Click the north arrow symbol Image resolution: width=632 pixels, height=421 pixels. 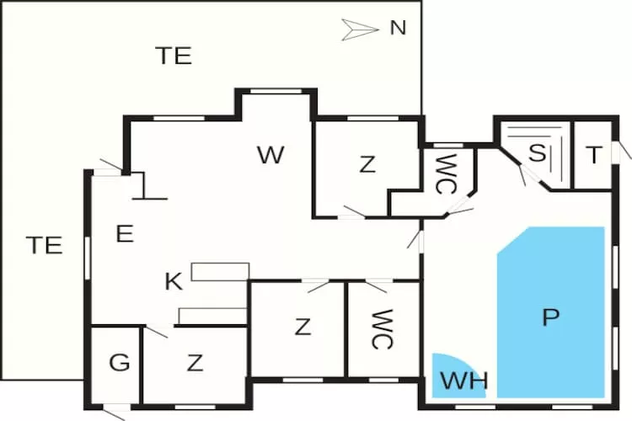coord(361,29)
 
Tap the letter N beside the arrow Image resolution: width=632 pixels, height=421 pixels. coord(398,28)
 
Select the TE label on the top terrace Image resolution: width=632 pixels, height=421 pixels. coord(174,56)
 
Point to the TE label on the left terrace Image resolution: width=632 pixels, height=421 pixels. coord(43,245)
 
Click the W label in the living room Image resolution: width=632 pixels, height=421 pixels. coord(270,155)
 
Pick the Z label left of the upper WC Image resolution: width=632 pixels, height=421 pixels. coord(367,165)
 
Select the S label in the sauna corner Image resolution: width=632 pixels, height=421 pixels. coord(536,154)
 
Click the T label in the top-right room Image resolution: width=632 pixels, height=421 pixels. coord(594,155)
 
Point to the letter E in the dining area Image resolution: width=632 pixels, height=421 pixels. coord(125,234)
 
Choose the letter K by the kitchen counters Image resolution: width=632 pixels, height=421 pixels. coord(174,282)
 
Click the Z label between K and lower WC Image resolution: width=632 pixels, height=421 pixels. coord(303,327)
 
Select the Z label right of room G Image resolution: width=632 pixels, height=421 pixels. coord(195,363)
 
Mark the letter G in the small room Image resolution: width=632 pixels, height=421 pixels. coord(120,364)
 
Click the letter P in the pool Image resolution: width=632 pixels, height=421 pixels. coord(550,317)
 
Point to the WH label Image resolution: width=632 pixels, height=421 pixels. coord(464,381)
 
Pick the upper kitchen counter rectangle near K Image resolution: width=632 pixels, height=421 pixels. coord(220,271)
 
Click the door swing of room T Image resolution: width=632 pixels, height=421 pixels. coord(624,150)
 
